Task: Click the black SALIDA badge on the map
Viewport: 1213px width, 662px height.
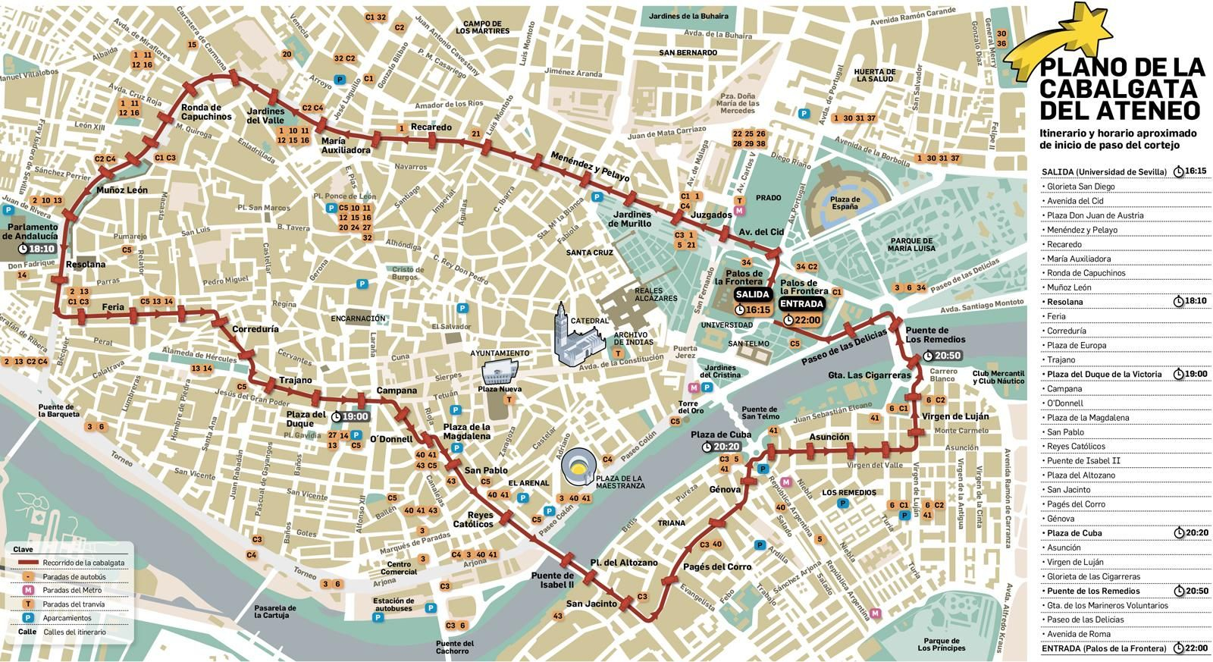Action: pos(752,294)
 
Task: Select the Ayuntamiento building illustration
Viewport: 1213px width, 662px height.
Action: pos(499,372)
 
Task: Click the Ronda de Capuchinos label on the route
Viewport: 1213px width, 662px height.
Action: pos(206,112)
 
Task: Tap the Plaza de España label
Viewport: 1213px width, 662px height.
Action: pos(845,203)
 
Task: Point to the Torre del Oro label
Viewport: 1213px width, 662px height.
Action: pos(688,406)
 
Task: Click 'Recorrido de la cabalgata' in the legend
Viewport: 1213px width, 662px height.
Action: pos(83,563)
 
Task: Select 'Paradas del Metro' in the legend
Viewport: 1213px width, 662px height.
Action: pos(74,591)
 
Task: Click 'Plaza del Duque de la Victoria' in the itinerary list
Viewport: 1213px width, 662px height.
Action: pos(1102,375)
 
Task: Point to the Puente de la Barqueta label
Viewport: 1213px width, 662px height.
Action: pos(58,410)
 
